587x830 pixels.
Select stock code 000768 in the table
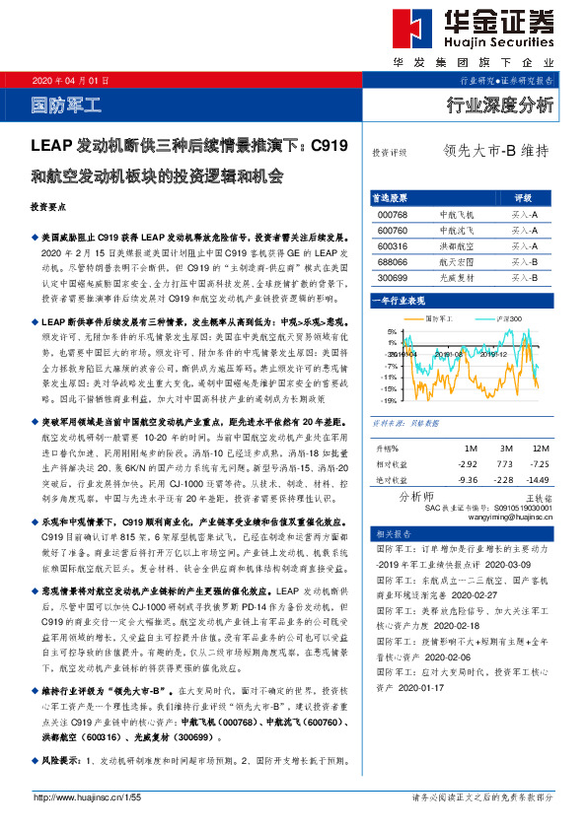(393, 214)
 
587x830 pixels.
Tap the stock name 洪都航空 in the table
(455, 245)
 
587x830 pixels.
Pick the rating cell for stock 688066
(524, 262)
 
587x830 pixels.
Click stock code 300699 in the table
(393, 278)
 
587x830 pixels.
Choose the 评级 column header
(524, 197)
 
